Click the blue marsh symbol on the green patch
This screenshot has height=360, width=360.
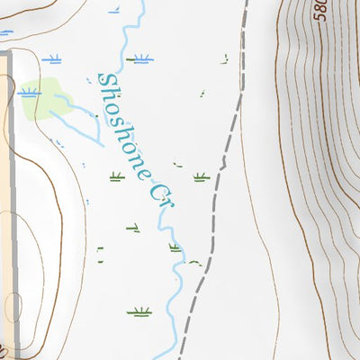[x=28, y=91]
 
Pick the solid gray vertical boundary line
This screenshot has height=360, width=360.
[x=12, y=207]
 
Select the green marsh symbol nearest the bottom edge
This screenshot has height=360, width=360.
[x=139, y=312]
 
